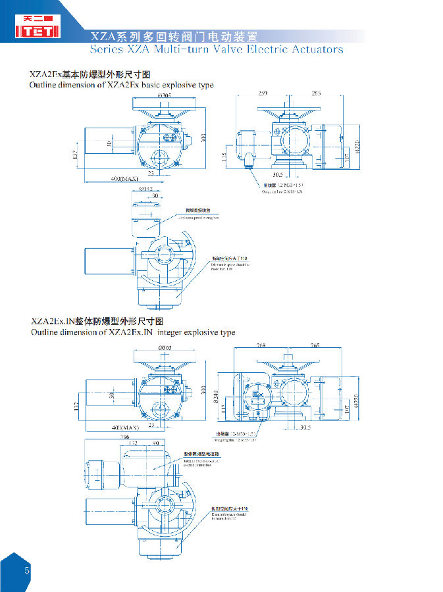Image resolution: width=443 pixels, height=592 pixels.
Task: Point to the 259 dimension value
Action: [263, 93]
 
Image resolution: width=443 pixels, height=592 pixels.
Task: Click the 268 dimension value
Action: [261, 345]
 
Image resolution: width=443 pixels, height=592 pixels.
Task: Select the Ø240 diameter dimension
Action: [215, 395]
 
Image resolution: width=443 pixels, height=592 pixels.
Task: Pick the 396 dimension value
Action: [124, 436]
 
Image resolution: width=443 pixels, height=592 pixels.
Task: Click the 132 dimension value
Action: [132, 444]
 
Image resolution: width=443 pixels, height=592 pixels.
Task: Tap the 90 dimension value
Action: [156, 444]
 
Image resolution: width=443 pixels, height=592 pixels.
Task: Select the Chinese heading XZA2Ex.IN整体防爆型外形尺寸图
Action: [97, 322]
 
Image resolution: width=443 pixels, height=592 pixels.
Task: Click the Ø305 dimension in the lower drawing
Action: [167, 347]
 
